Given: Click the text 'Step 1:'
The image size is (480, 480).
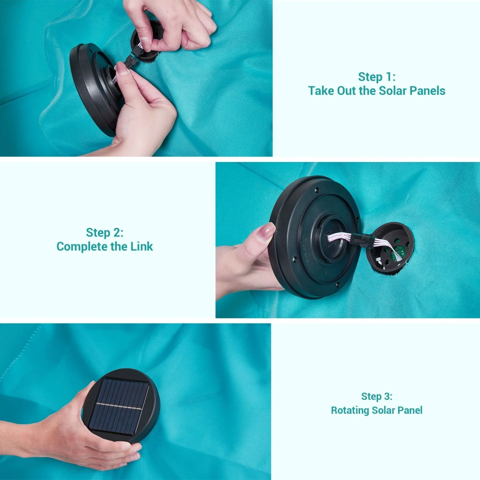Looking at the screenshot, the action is pos(377,77).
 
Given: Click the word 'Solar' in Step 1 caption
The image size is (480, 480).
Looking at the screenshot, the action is pos(392,91).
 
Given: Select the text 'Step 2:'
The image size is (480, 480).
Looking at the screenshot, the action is pos(105,232).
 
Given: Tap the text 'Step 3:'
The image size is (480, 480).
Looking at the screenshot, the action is pos(377,396).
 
